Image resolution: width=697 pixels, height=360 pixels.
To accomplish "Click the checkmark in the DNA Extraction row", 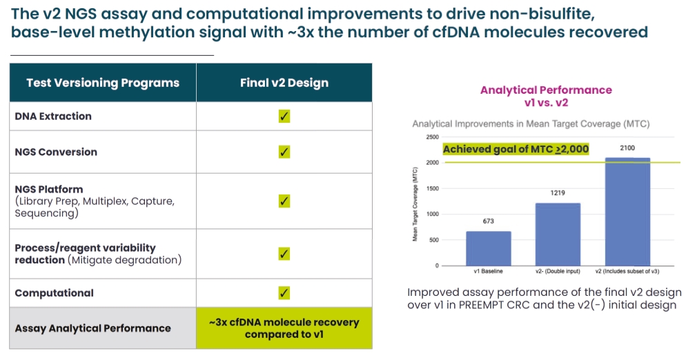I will pos(284,116).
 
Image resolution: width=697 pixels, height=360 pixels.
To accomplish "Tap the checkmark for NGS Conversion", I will pos(284,152).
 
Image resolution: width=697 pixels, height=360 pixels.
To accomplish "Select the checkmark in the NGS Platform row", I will pos(284,201).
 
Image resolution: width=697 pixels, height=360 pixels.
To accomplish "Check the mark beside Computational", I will pos(284,292).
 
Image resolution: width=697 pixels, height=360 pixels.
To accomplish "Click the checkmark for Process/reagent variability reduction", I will pos(284,253).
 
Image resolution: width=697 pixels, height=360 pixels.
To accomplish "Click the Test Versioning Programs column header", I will pos(103,83).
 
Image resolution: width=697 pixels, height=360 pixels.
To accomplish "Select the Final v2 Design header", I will pos(284,83).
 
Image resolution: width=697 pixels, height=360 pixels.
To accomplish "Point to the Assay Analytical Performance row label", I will pos(92,328).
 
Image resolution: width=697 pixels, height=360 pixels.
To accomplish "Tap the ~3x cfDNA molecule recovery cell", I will pos(284,328).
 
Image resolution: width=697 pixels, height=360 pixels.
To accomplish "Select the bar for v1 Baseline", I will pos(489,248).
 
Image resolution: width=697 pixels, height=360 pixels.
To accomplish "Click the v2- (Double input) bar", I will pos(558,234).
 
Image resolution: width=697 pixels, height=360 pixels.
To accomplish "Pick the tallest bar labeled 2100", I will pos(627,212).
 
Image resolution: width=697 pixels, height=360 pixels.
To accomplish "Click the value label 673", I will pos(489,222).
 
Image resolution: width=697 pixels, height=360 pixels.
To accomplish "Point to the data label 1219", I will pos(558,194).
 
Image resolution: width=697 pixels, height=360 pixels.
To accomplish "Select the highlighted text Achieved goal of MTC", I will pos(516,149).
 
